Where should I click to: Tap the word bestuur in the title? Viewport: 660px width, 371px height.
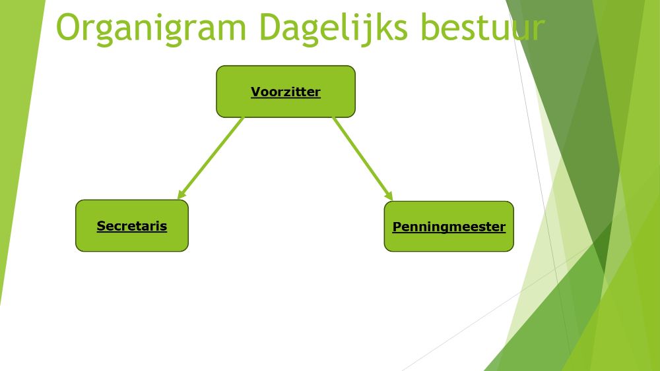483,27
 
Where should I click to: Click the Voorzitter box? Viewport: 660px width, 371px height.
286,92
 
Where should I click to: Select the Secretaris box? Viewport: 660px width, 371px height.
132,225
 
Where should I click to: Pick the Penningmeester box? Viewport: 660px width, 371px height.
449,227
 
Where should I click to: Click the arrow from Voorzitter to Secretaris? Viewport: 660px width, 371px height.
211,158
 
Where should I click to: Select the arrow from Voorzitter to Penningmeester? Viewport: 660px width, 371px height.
363,159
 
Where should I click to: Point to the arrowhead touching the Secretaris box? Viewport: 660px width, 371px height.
181,194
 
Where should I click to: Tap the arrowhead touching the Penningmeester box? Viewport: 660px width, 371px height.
389,196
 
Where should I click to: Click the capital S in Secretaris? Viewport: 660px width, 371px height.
101,225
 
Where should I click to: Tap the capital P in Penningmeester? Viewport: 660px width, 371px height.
397,227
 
